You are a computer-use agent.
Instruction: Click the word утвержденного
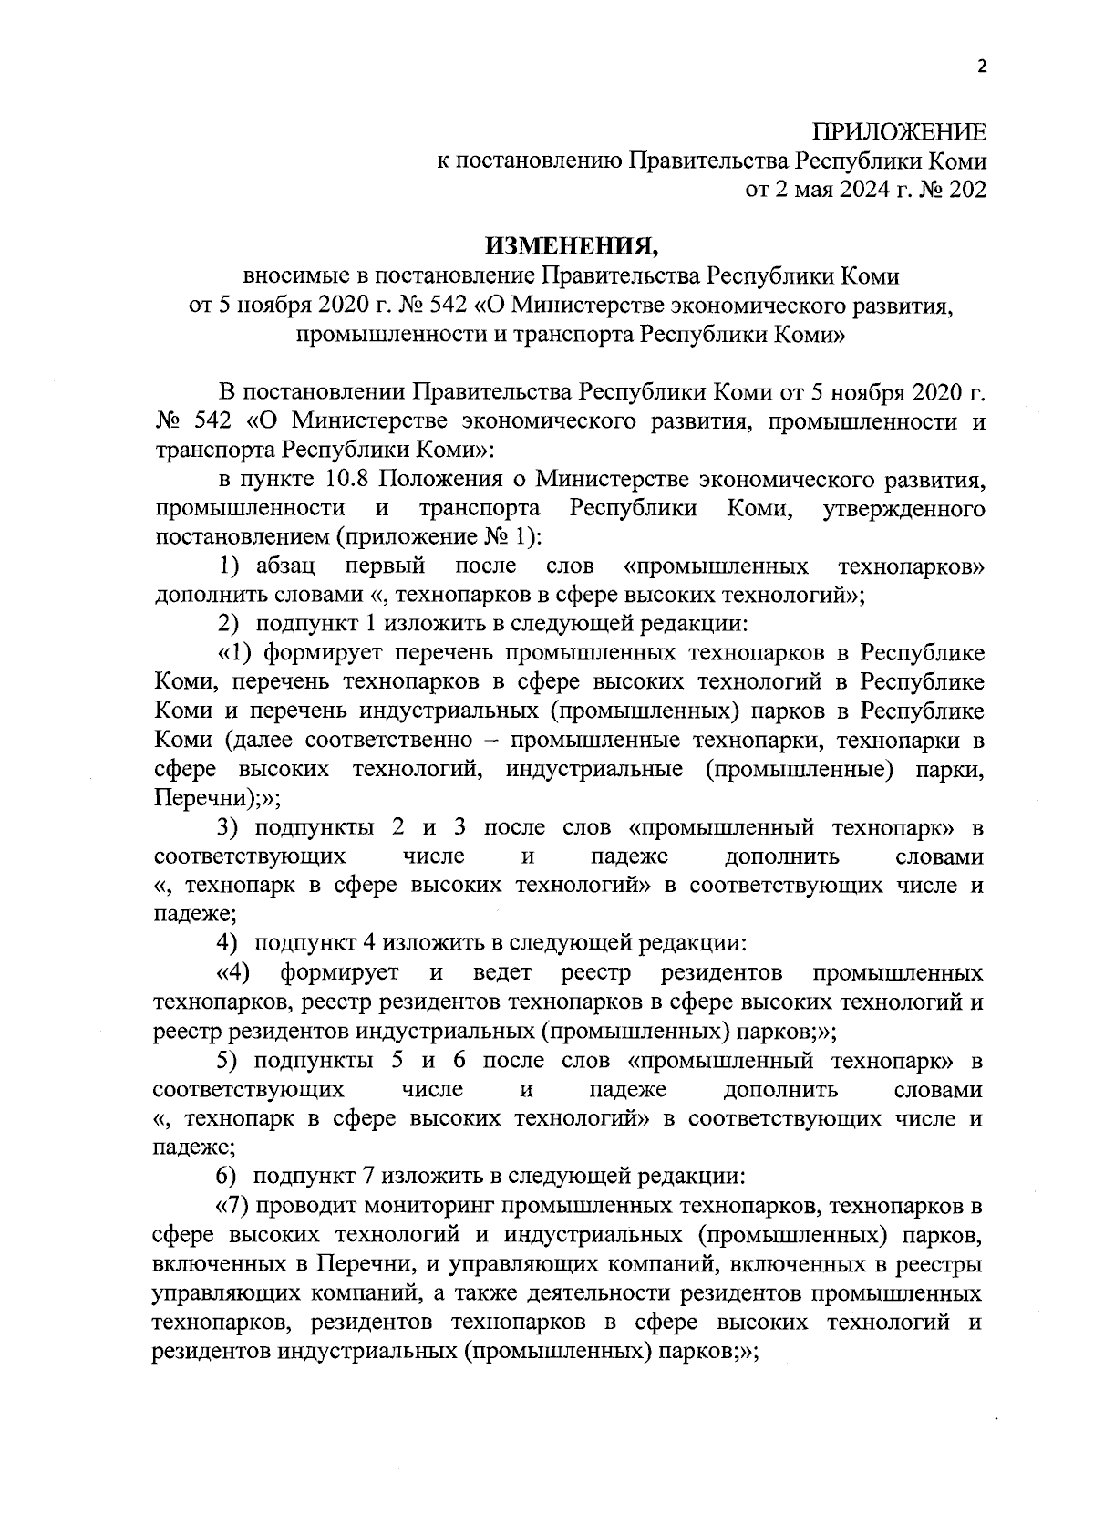903,508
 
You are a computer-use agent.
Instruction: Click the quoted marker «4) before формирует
233,973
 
